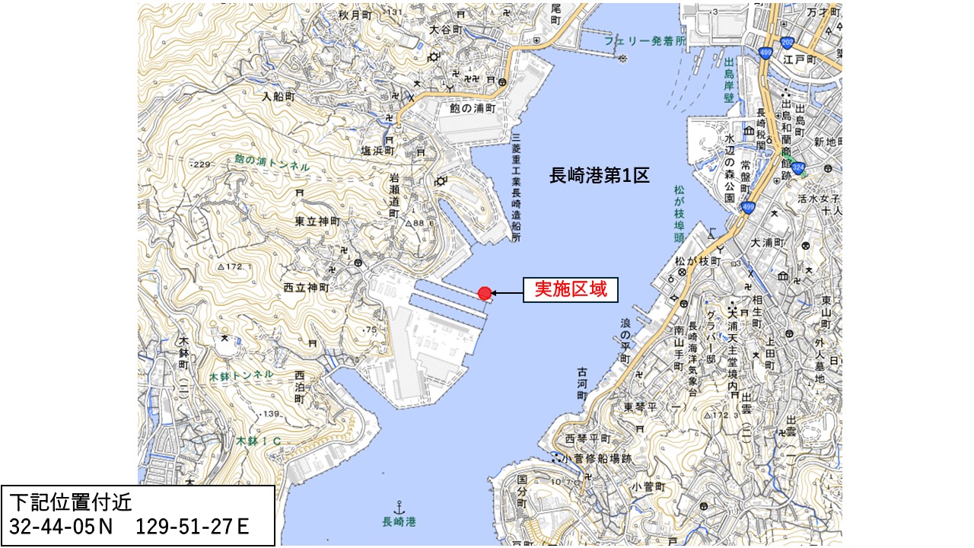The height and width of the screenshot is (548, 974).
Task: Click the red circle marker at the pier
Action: click(x=485, y=293)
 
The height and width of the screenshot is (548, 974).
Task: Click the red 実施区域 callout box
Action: click(x=570, y=289)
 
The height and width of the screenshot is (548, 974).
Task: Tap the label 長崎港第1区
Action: click(x=600, y=176)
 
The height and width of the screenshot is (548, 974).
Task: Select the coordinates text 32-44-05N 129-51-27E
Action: click(x=129, y=526)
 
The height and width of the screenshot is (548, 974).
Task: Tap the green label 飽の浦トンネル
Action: click(x=272, y=162)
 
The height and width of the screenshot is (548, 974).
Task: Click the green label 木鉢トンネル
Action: click(x=241, y=374)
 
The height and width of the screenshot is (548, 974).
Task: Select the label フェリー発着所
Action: click(x=646, y=40)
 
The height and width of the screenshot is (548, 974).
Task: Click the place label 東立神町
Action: click(x=317, y=221)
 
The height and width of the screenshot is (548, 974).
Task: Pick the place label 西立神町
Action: click(x=306, y=288)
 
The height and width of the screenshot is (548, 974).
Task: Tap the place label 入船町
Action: click(x=277, y=97)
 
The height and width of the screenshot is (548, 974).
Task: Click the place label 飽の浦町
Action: click(x=473, y=109)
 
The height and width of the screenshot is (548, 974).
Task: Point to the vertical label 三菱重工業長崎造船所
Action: click(x=516, y=187)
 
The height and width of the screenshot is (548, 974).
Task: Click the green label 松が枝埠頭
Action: click(x=678, y=215)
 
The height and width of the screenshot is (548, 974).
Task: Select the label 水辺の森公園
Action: click(x=729, y=168)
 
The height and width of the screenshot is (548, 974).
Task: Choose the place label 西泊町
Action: click(x=299, y=387)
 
